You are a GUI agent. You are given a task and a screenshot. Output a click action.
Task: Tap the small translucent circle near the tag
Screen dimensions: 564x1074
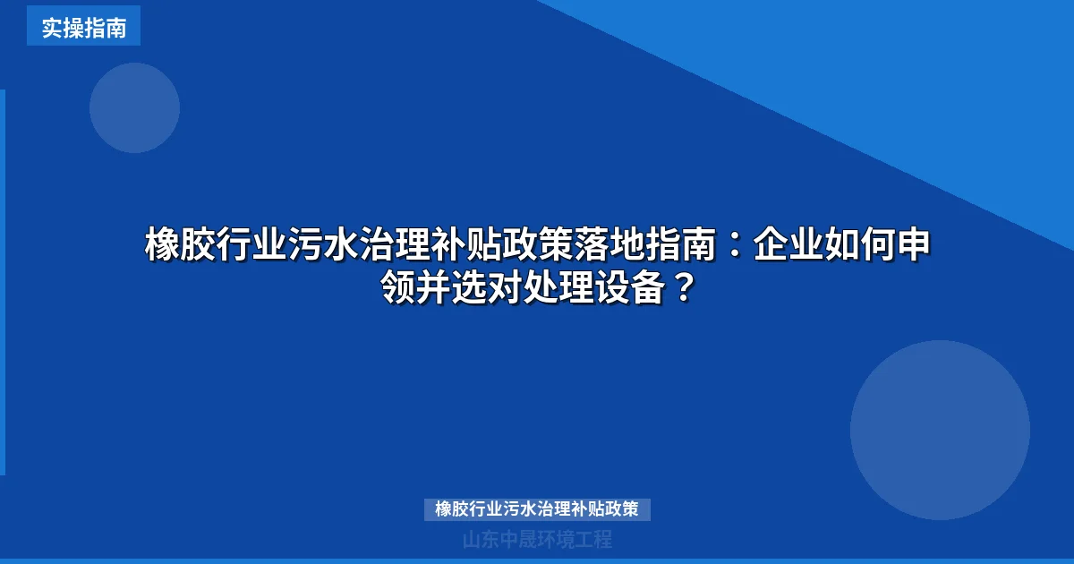134,107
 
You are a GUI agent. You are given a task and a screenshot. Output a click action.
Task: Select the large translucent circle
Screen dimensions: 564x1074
940,430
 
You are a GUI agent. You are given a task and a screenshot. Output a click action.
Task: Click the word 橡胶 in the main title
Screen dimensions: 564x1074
180,245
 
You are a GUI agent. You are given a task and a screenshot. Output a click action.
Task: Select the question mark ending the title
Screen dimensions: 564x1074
682,288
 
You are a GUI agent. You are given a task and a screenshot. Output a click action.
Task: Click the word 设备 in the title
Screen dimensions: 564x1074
630,288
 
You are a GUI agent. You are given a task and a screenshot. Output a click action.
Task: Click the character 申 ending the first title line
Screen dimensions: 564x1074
913,245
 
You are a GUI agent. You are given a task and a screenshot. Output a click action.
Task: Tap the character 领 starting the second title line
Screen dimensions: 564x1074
397,288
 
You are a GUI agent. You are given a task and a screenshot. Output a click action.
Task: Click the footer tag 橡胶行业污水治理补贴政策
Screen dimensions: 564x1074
537,509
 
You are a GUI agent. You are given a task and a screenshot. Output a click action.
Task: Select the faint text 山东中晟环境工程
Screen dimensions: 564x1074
537,540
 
